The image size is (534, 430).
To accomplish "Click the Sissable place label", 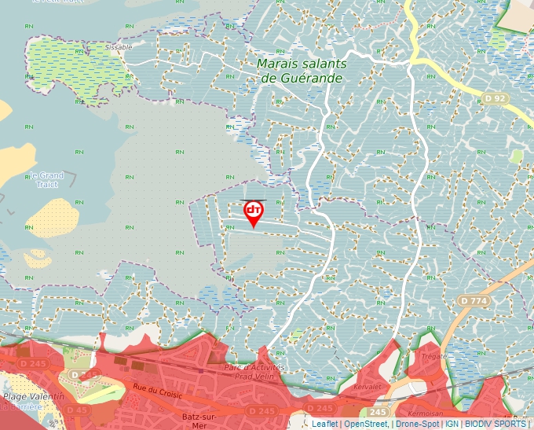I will [x=119, y=47].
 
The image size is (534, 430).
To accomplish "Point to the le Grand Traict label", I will [x=46, y=179].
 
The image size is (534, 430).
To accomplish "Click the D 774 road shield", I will [x=474, y=300].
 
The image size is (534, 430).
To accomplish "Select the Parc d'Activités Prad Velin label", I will [x=254, y=371].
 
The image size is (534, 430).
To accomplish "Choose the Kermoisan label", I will [x=427, y=413].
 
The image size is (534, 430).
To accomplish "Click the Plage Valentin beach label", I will [x=33, y=397].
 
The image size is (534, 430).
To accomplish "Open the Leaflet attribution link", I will [x=324, y=424].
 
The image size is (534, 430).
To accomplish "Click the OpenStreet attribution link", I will [x=366, y=424].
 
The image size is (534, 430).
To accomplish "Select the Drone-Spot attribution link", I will [x=416, y=424].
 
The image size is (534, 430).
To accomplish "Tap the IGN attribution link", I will [x=452, y=424].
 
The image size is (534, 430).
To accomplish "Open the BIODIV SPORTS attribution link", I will [x=495, y=424].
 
